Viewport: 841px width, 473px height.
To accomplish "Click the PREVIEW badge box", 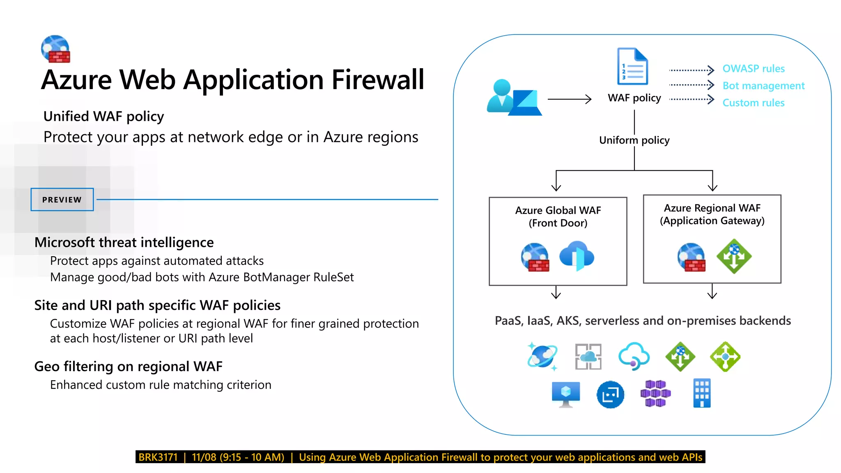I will pos(62,200).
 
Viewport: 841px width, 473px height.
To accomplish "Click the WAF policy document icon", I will pos(632,67).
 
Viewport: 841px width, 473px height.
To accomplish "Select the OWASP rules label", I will pos(753,69).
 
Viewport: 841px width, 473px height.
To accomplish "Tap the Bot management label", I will pos(763,86).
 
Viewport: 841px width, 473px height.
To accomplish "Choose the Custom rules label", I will pos(753,103).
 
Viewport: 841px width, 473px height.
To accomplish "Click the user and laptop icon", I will pos(514,98).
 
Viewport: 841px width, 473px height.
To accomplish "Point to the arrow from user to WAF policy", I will pos(569,99).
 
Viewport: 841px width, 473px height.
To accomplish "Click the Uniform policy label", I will pos(634,140).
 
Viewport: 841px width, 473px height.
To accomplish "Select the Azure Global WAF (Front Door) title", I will pos(558,216).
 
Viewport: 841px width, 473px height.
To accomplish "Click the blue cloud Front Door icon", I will pos(577,256).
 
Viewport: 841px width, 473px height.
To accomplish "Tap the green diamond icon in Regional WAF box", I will pos(734,256).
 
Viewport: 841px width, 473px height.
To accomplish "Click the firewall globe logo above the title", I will pos(56,49).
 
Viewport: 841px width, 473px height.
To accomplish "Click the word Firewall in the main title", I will pos(377,80).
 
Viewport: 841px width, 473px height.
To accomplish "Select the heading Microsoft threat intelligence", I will pos(124,242).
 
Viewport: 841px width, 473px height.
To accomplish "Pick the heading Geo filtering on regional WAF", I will pos(128,366).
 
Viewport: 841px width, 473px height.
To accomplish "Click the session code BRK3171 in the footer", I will pos(158,457).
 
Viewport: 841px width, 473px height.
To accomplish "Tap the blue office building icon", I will pos(701,393).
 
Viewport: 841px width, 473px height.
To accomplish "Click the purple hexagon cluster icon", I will pos(655,393).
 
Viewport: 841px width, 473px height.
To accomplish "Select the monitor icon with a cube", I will pos(566,394).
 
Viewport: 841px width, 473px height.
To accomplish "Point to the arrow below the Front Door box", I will pos(556,292).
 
